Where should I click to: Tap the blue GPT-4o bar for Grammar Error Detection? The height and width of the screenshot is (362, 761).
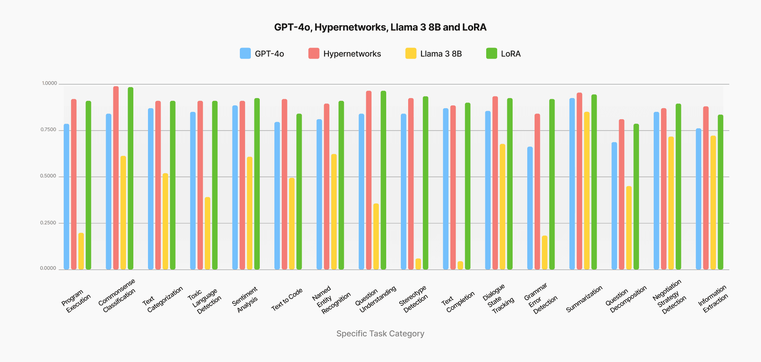(530, 208)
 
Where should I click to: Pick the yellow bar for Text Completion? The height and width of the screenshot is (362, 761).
(460, 265)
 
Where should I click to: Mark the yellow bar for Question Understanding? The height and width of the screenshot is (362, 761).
(376, 236)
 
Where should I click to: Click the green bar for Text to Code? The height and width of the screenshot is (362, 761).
(299, 191)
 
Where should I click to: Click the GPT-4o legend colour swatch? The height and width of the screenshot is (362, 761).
(245, 53)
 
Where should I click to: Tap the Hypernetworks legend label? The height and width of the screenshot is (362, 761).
(352, 54)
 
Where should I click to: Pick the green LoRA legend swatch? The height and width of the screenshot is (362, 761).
(491, 53)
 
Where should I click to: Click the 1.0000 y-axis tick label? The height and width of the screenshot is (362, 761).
(49, 83)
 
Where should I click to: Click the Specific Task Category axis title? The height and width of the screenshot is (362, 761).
(380, 334)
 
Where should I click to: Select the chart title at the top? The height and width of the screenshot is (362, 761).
(380, 27)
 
